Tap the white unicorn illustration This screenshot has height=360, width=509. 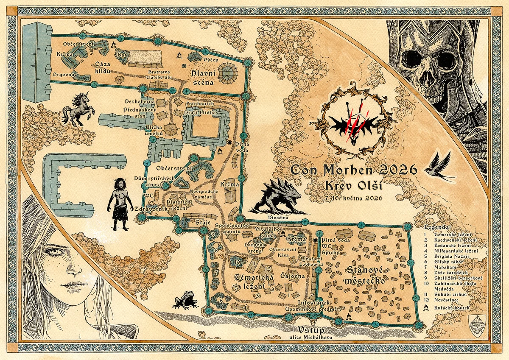coord(77,109)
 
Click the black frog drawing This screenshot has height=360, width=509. coord(185,300)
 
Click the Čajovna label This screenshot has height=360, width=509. coord(292,276)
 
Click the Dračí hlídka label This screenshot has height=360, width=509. coord(200,113)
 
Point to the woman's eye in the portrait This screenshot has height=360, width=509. coord(54,251)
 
